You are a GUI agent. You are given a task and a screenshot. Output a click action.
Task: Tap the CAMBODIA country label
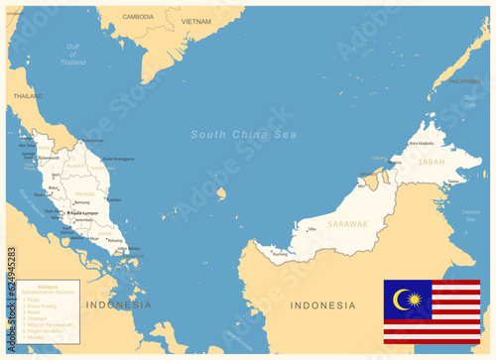pyautogui.click(x=138, y=17)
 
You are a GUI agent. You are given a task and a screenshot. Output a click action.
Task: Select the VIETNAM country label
pyautogui.click(x=195, y=20)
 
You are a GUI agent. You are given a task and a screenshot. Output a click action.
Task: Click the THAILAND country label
pyautogui.click(x=28, y=96)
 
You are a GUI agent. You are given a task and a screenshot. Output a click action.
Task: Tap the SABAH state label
pyautogui.click(x=432, y=160)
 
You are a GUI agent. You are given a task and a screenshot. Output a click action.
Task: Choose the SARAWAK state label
pyautogui.click(x=347, y=224)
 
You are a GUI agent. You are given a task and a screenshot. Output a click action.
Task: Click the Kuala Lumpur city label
pyautogui.click(x=85, y=212)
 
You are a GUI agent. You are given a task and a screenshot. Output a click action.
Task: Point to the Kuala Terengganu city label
pyautogui.click(x=118, y=159)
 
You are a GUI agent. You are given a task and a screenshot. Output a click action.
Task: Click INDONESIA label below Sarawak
pyautogui.click(x=321, y=304)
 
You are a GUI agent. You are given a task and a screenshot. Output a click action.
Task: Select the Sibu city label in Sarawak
pyautogui.click(x=313, y=229)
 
